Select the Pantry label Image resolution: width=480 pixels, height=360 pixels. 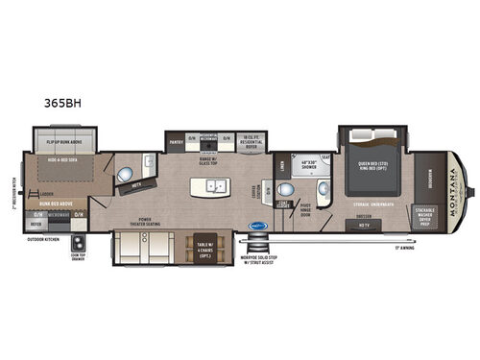pos(177,140)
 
